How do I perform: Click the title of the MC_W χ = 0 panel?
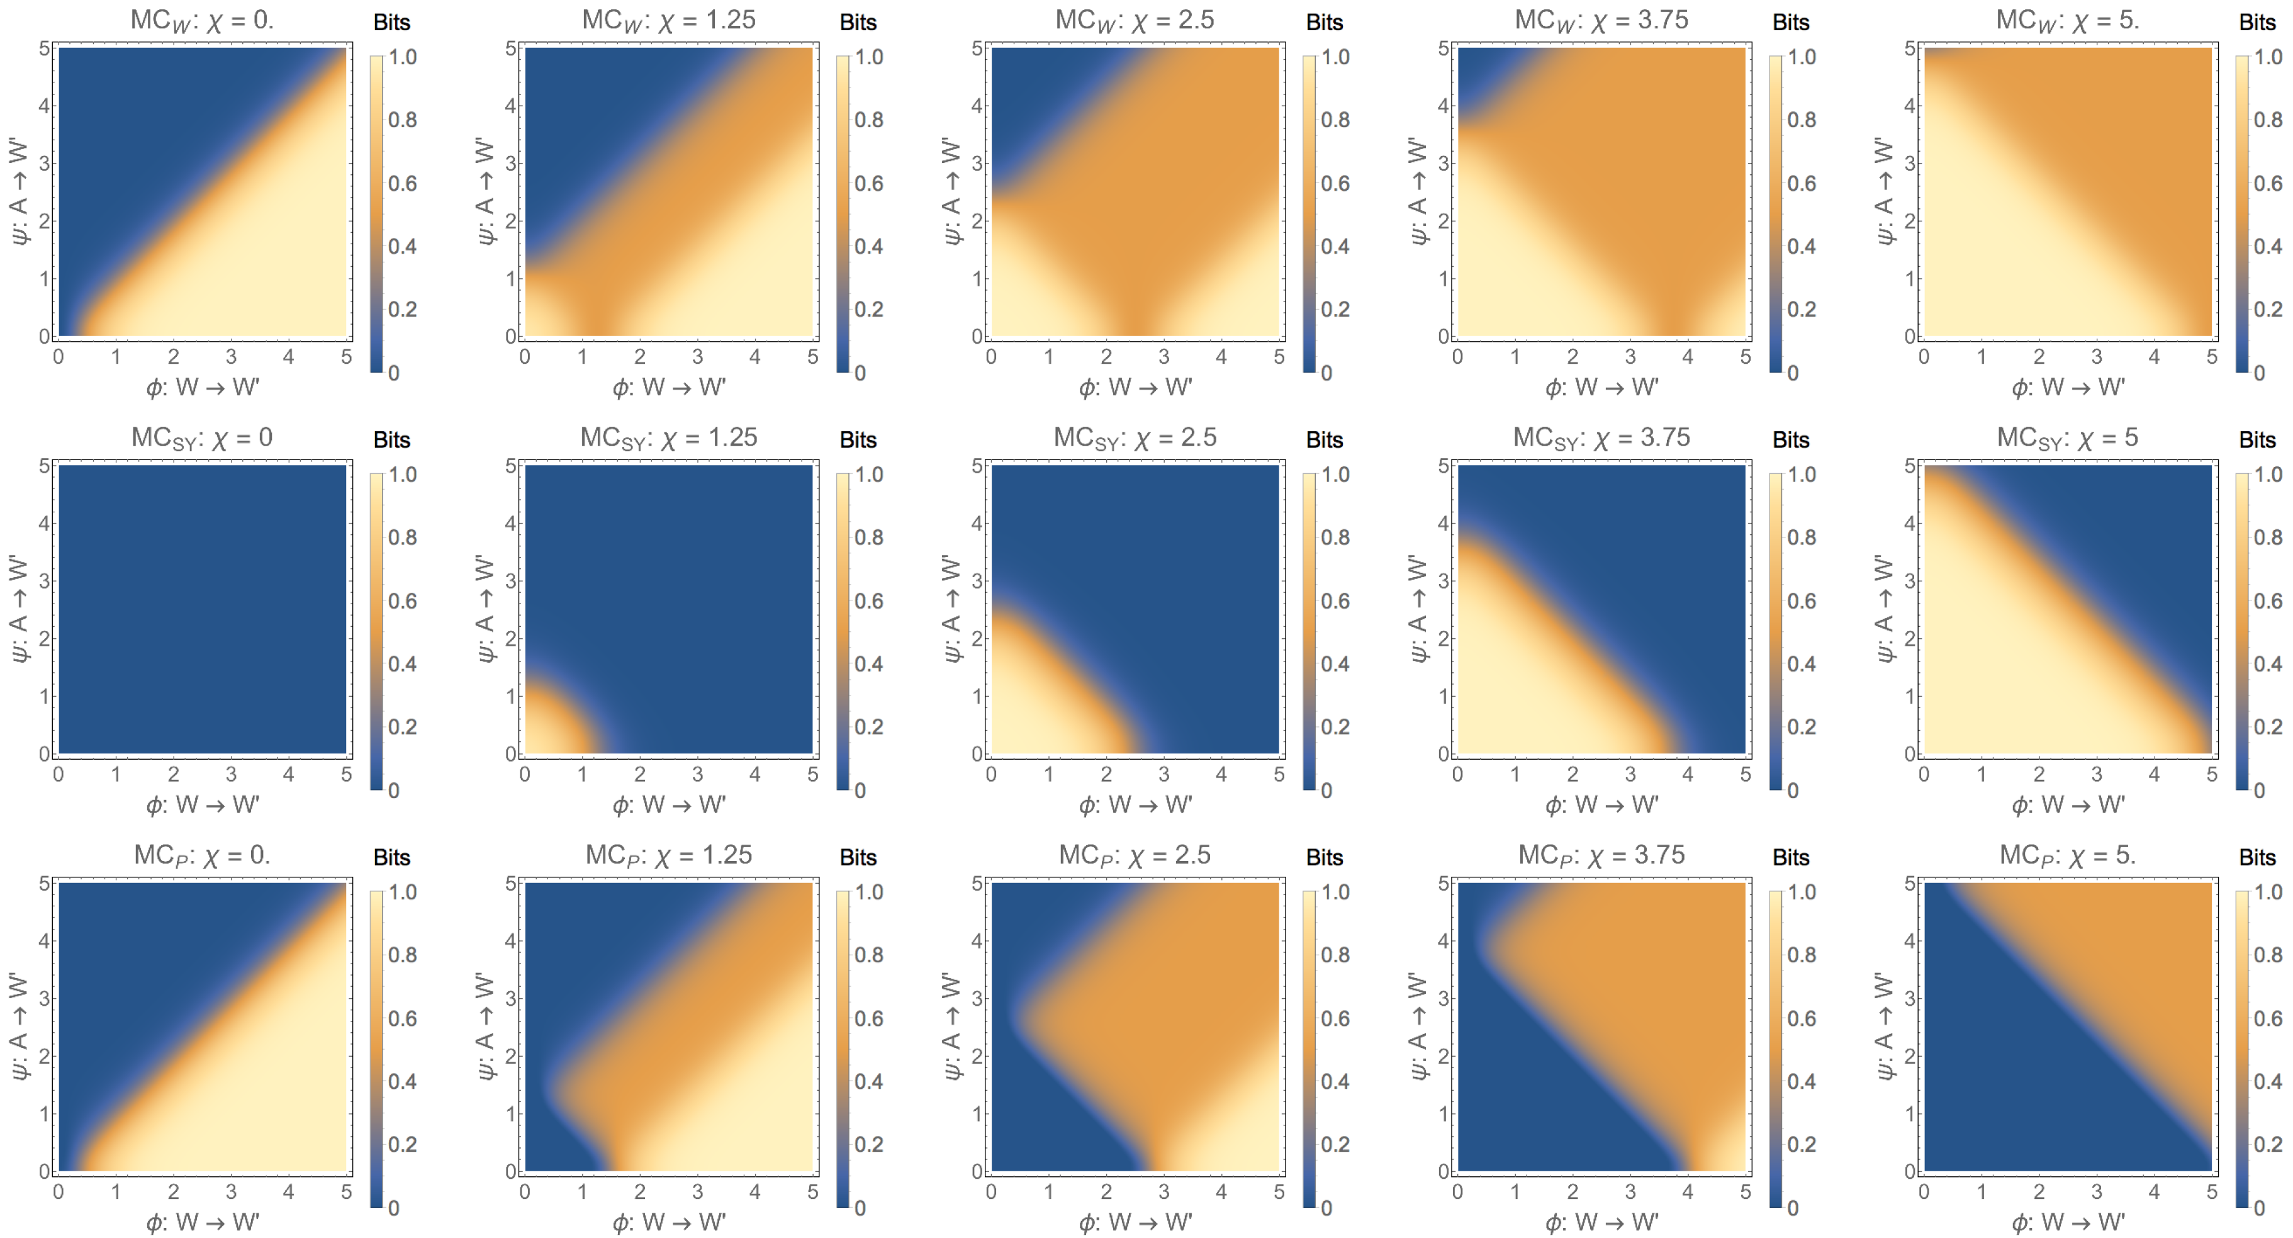point(202,20)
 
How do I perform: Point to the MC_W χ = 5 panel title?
point(2067,20)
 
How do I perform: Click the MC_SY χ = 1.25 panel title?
point(668,438)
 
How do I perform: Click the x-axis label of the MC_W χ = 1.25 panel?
point(668,387)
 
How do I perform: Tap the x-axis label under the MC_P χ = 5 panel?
point(2067,1222)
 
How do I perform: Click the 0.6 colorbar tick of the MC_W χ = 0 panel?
point(402,183)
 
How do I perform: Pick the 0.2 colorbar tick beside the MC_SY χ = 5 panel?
point(2268,727)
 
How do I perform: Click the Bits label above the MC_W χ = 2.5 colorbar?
point(1324,22)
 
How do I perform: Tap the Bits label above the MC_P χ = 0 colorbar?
point(391,857)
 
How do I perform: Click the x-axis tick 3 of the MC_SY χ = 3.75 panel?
point(1630,774)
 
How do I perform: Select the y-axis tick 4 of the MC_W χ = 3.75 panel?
point(1443,106)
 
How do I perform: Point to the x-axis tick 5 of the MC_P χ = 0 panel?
point(346,1191)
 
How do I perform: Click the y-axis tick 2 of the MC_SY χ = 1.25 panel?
point(511,638)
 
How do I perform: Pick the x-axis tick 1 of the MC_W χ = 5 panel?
point(1982,357)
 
